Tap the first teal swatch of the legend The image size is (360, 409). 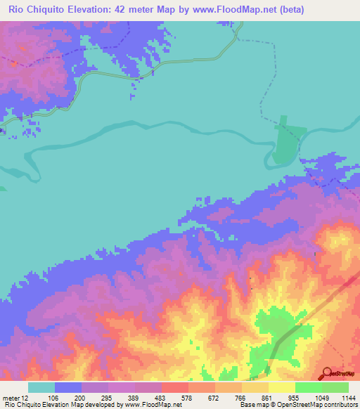[x=41, y=387]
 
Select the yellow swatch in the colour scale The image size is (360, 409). [x=281, y=387]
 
